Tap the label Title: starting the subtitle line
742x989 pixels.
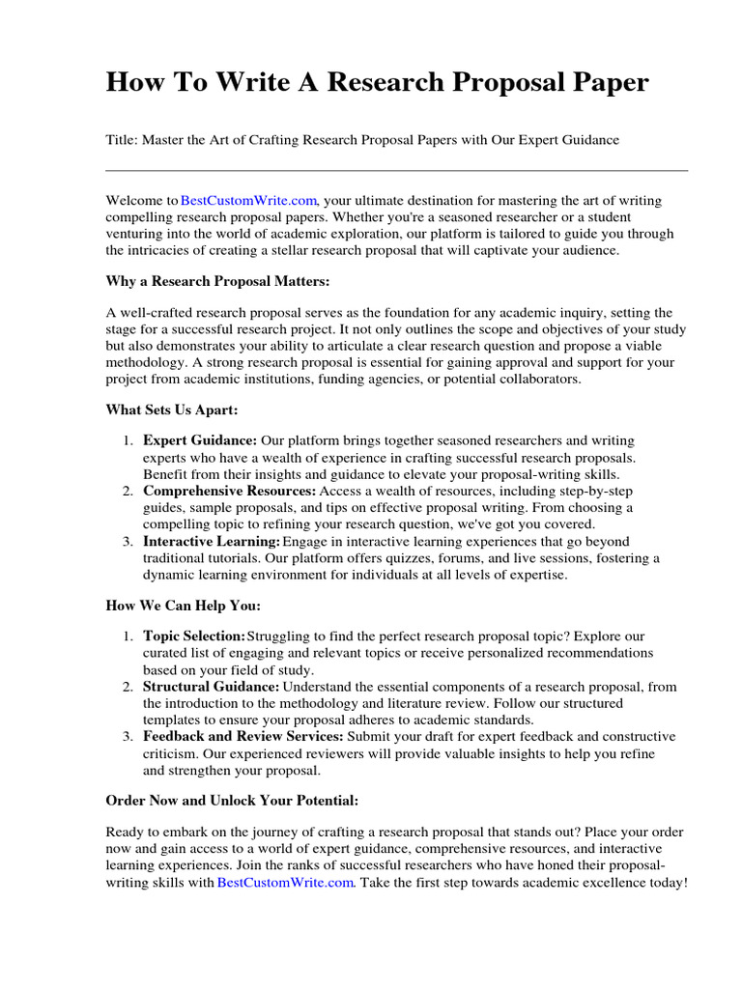point(122,140)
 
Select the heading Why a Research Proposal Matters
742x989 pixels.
point(217,280)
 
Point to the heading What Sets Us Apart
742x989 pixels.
point(171,410)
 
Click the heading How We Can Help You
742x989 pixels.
point(183,606)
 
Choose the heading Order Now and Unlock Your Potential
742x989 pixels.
point(231,802)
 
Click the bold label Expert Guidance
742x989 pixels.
point(201,441)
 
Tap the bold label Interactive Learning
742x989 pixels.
point(212,541)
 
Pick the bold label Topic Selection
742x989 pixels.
point(194,637)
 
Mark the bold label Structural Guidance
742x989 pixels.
point(212,687)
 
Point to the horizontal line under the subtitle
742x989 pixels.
point(396,171)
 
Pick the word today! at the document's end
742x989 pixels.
point(666,882)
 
